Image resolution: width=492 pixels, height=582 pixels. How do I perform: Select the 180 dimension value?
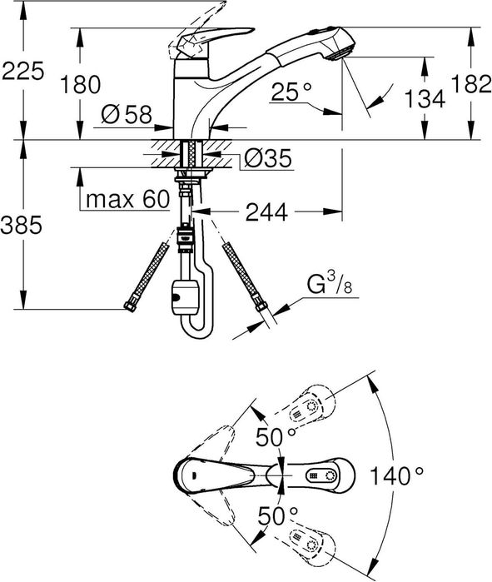tap(80, 84)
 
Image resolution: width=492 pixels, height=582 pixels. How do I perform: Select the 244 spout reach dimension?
tap(266, 212)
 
